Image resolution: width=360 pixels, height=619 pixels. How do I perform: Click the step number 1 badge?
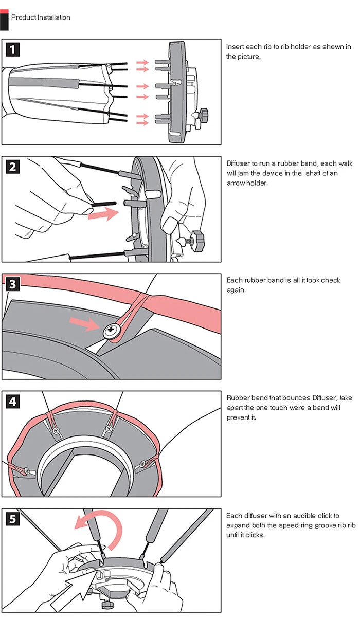point(13,49)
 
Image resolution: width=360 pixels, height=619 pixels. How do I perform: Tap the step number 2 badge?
point(13,167)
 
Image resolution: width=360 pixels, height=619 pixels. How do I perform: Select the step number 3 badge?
point(13,284)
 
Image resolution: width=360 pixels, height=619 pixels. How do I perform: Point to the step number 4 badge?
point(13,402)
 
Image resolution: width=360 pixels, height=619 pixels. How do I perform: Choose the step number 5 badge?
point(13,519)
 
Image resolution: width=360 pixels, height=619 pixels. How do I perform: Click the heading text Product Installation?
point(41,17)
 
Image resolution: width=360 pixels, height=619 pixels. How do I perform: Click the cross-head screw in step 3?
point(111,330)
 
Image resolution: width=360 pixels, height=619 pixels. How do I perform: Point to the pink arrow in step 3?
point(84,324)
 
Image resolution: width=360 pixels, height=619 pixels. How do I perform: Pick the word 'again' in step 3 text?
point(236,290)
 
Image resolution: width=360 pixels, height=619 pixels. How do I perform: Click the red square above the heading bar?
point(4,11)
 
